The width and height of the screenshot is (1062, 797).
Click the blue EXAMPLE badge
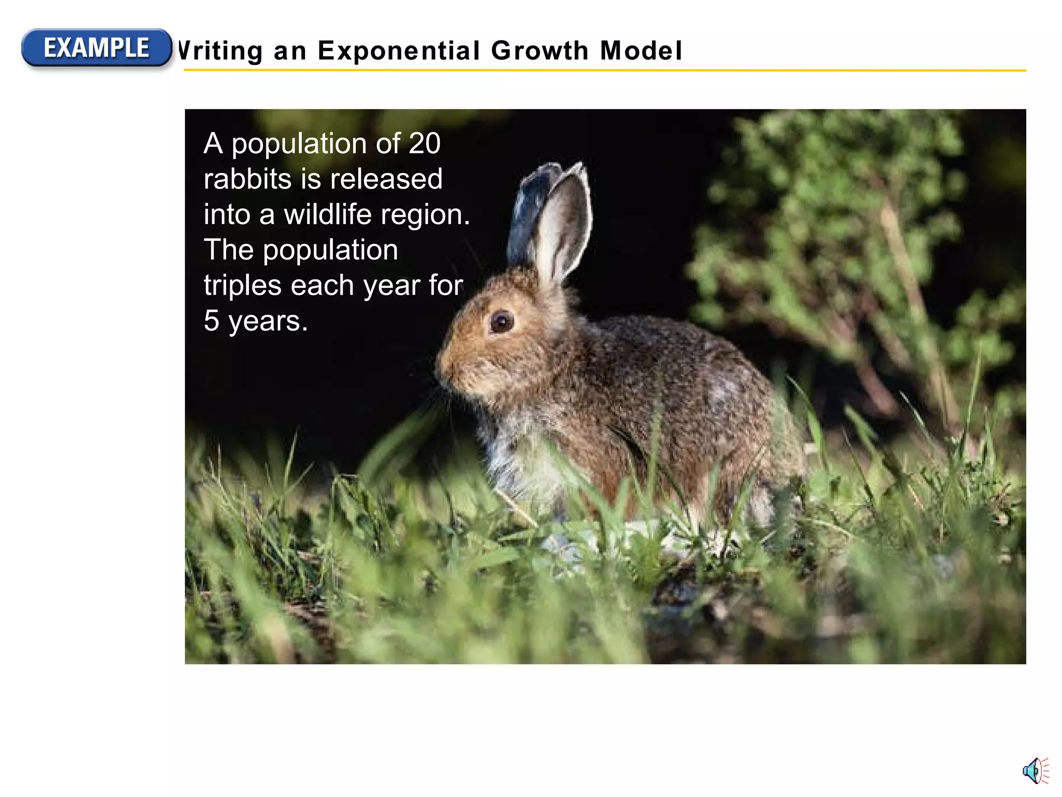[96, 48]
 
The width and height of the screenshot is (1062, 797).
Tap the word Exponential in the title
[399, 51]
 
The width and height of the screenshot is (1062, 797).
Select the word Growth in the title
[539, 51]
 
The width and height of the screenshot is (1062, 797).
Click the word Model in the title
[641, 51]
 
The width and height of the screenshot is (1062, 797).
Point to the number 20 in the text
[424, 143]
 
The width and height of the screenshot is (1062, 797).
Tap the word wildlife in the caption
[328, 214]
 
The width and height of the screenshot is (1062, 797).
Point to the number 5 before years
[211, 321]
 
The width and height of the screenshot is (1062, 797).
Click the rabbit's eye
[501, 322]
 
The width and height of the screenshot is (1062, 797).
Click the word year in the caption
[392, 286]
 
